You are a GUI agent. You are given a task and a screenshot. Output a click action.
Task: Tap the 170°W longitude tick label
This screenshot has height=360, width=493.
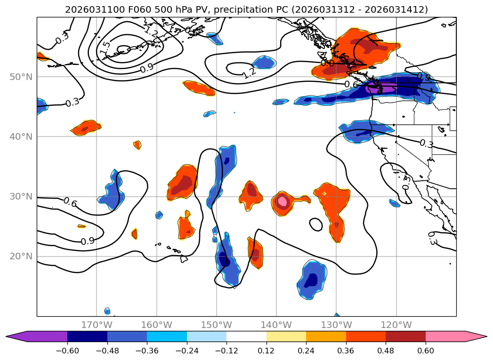click(x=97, y=325)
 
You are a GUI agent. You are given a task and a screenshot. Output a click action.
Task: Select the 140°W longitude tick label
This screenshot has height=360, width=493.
click(x=276, y=325)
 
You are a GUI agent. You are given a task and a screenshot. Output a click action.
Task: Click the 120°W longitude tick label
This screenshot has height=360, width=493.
click(x=396, y=325)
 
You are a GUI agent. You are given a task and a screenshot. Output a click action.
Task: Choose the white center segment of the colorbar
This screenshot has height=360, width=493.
click(x=246, y=336)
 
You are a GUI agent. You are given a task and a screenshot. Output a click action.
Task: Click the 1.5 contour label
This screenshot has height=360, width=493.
click(x=105, y=48)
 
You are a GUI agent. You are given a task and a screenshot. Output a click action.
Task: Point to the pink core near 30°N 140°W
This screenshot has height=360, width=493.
click(x=282, y=201)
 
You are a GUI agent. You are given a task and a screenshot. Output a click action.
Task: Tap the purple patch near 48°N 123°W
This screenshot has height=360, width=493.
click(x=377, y=87)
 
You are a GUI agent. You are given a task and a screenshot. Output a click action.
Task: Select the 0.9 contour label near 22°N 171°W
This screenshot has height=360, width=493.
click(x=88, y=241)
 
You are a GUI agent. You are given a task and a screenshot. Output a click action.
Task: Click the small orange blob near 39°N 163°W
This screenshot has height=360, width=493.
click(x=137, y=145)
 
